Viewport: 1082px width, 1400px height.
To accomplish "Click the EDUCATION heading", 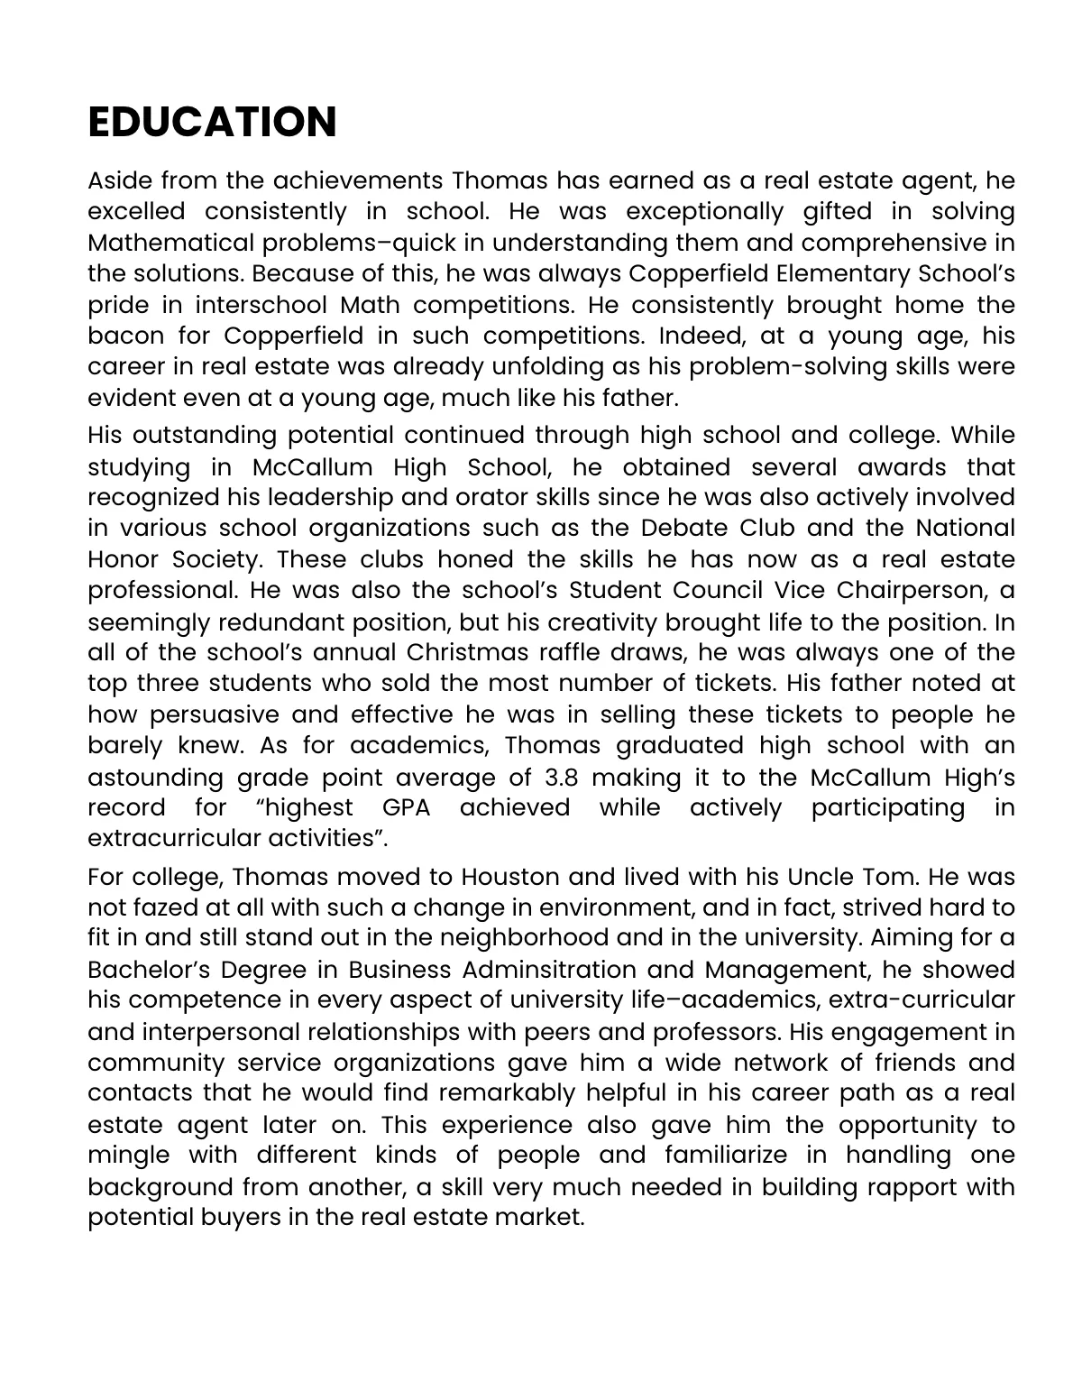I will click(x=212, y=122).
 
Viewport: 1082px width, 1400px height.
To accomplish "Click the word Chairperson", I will click(x=915, y=590).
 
